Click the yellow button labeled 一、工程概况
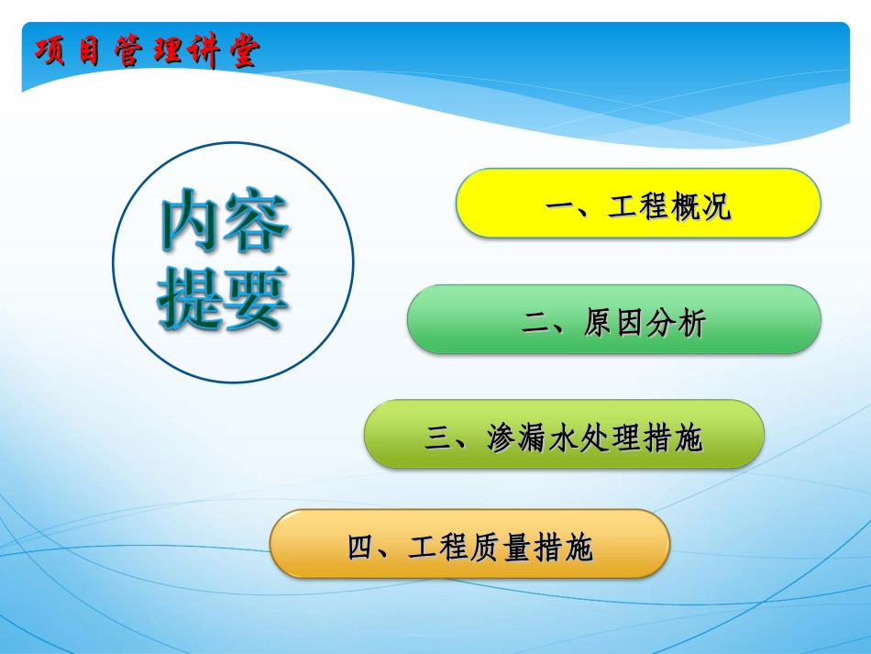(638, 204)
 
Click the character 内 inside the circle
(190, 223)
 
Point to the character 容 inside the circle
(256, 223)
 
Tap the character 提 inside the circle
(190, 297)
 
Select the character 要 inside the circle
(256, 297)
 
